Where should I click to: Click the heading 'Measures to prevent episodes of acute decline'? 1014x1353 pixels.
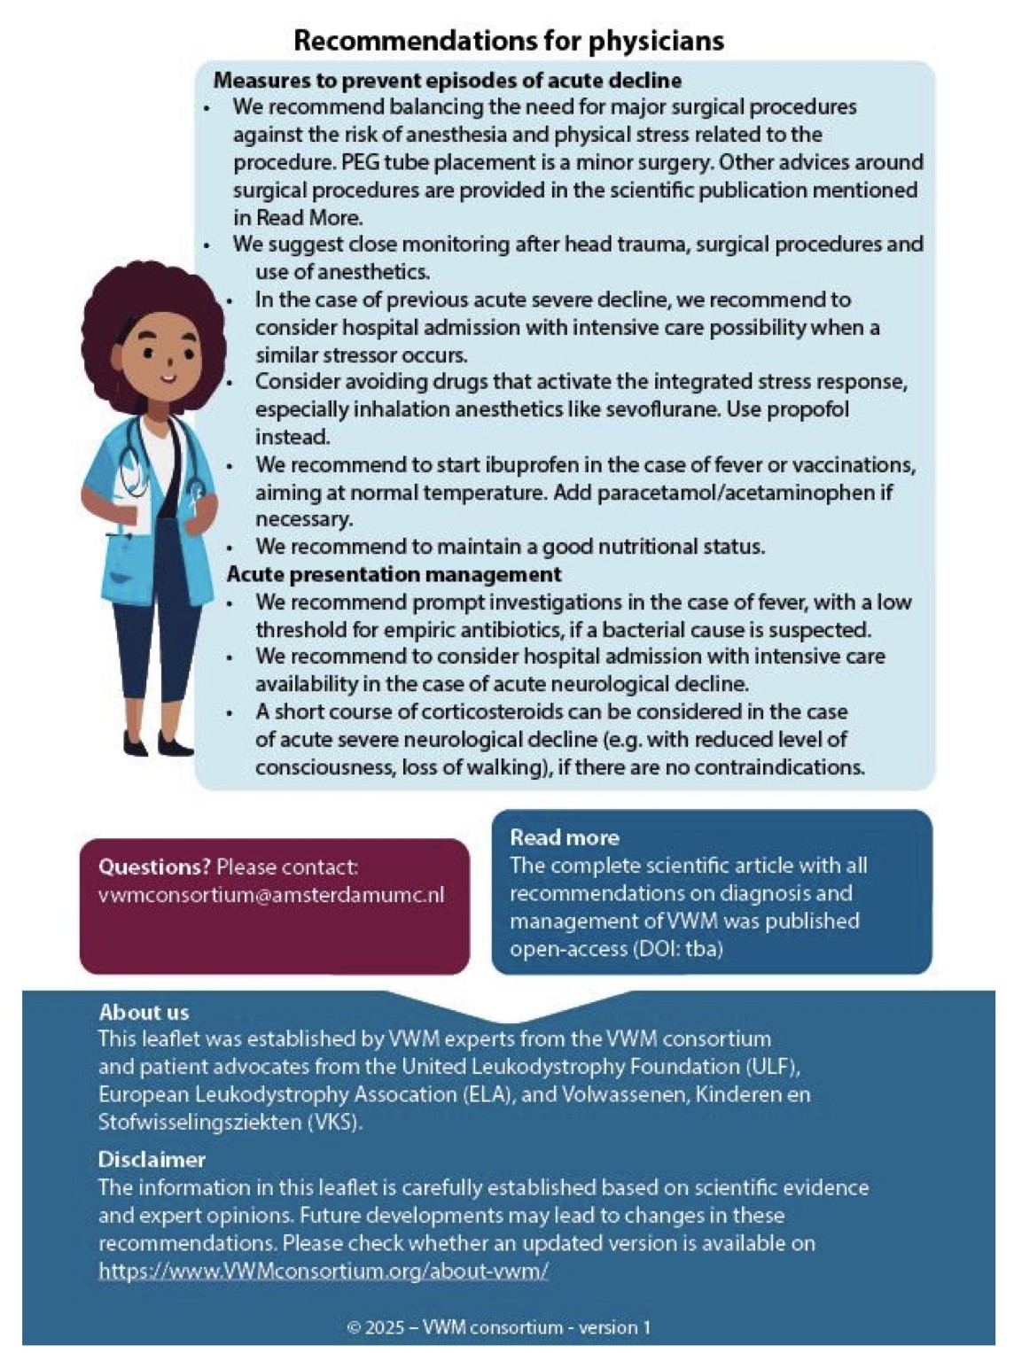tap(447, 80)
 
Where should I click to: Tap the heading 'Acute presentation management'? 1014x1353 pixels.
tap(394, 574)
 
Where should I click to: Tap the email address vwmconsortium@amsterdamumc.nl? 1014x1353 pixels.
tap(271, 895)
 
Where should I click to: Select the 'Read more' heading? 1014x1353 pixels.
tap(564, 837)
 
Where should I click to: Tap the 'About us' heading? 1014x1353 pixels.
tap(144, 1012)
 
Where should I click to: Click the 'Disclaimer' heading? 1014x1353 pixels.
tap(152, 1159)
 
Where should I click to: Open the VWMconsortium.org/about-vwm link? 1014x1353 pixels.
tap(324, 1271)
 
